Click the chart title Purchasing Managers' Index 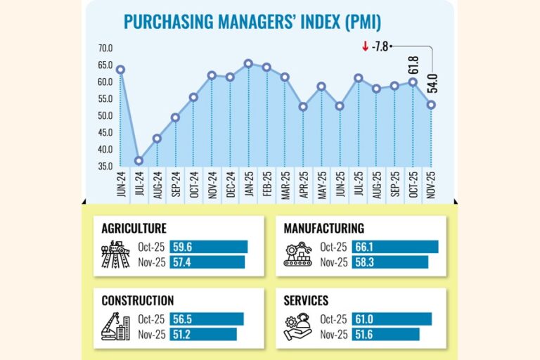(x=252, y=22)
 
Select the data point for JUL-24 (x=139, y=161)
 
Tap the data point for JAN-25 (x=248, y=63)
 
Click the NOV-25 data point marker (x=431, y=105)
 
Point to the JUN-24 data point (x=120, y=70)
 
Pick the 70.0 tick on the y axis (x=105, y=49)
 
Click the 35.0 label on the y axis (x=105, y=167)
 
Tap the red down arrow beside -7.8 (x=365, y=47)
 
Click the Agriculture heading (x=134, y=229)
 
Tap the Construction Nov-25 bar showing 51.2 (x=203, y=334)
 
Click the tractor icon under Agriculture (x=115, y=255)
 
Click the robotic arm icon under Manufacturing (x=297, y=255)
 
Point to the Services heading (x=306, y=301)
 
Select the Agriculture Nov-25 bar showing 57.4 (x=207, y=262)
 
